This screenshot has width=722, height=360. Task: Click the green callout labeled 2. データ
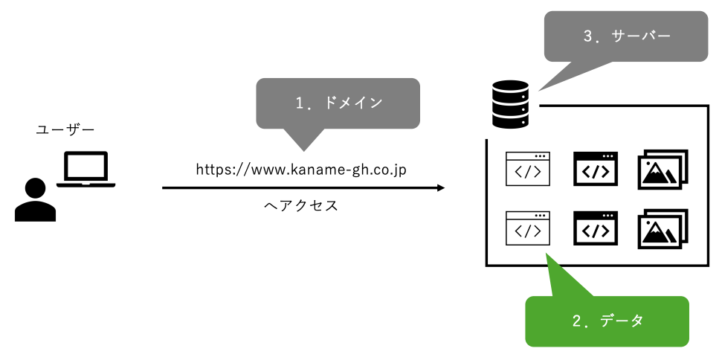[607, 321]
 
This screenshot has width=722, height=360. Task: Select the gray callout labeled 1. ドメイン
[338, 103]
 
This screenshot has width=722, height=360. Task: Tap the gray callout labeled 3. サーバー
[626, 36]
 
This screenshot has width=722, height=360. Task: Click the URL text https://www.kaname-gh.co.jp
[301, 170]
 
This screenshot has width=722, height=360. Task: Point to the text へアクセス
[301, 206]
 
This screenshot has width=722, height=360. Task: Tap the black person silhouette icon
[35, 200]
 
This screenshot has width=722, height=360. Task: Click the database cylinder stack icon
[510, 104]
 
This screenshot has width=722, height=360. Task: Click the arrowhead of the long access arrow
[440, 188]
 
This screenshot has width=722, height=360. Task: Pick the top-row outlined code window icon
[528, 170]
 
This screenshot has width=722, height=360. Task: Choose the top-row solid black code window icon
[596, 170]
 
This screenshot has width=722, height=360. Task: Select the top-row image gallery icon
[662, 170]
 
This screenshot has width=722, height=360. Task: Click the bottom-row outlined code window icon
[528, 228]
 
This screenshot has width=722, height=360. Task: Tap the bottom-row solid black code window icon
[596, 228]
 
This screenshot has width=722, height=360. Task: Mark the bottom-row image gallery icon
[662, 228]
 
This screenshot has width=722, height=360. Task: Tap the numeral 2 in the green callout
[577, 321]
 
